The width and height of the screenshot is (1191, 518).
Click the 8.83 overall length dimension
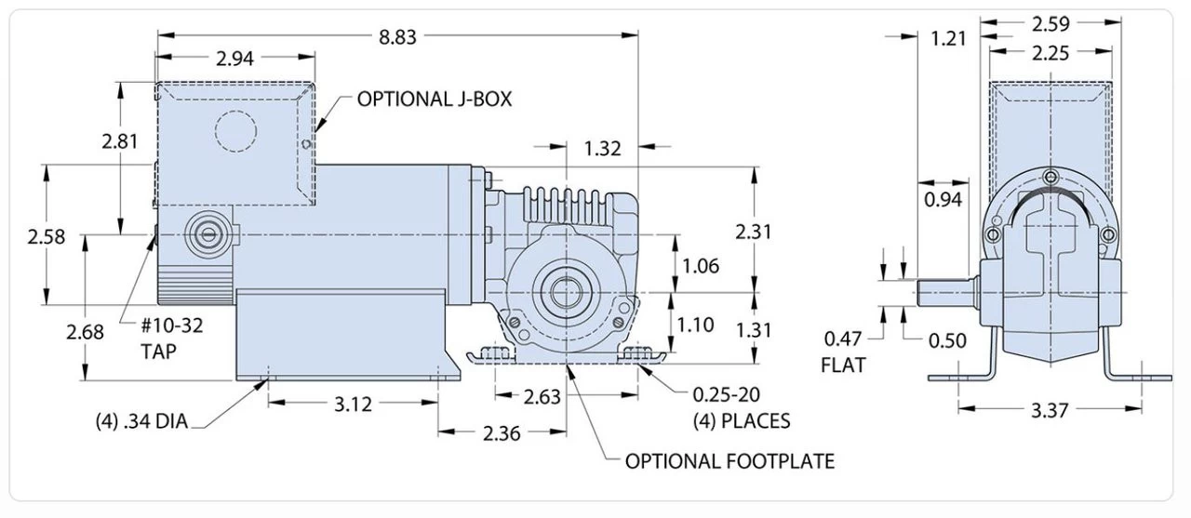[x=396, y=36]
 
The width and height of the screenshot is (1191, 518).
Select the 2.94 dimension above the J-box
[x=235, y=60]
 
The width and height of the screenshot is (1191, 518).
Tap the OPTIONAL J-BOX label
[x=435, y=99]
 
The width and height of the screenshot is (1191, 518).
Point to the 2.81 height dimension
[x=120, y=142]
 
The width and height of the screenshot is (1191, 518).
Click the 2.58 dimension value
[x=46, y=236]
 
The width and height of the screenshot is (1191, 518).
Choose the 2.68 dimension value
[x=84, y=331]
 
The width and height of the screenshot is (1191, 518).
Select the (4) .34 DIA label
[x=141, y=421]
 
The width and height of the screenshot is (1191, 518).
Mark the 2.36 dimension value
[x=502, y=432]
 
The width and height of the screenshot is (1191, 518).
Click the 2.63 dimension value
[x=542, y=397]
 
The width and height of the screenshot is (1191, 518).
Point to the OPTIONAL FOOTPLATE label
[x=729, y=461]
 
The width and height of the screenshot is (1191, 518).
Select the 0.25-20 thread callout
[x=741, y=394]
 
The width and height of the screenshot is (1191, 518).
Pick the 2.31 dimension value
[x=754, y=232]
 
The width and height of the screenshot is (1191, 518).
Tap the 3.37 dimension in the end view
[x=1050, y=409]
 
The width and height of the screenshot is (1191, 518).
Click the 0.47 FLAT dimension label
[x=843, y=351]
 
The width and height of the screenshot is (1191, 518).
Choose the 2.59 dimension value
[x=1050, y=22]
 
